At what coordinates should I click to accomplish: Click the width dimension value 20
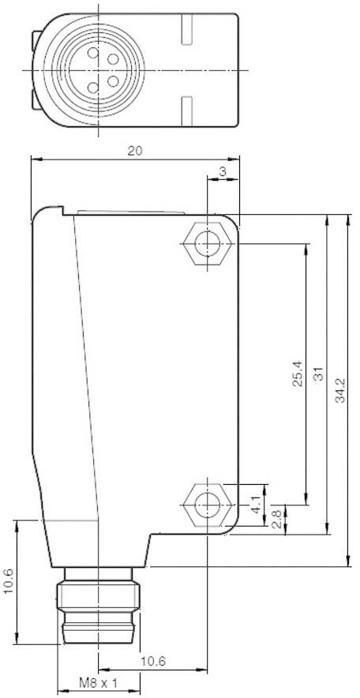click(x=135, y=152)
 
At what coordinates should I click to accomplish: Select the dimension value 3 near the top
click(x=223, y=172)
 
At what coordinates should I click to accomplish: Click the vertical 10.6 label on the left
click(x=9, y=581)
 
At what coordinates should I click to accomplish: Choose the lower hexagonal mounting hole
click(x=207, y=502)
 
